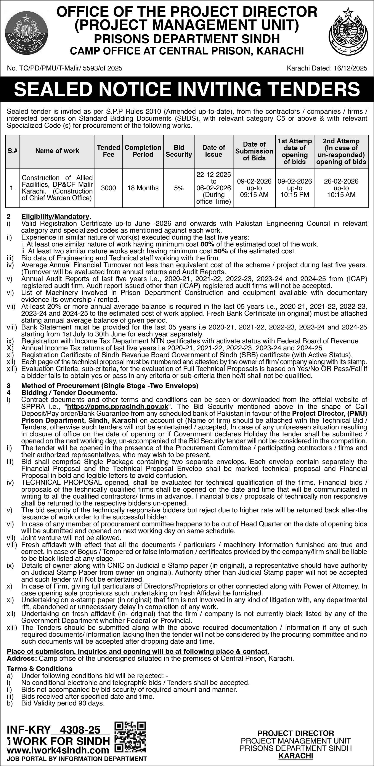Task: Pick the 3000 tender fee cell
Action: click(109, 188)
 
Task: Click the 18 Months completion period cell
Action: click(143, 188)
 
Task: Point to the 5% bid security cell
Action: click(179, 188)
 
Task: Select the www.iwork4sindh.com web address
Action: click(58, 750)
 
